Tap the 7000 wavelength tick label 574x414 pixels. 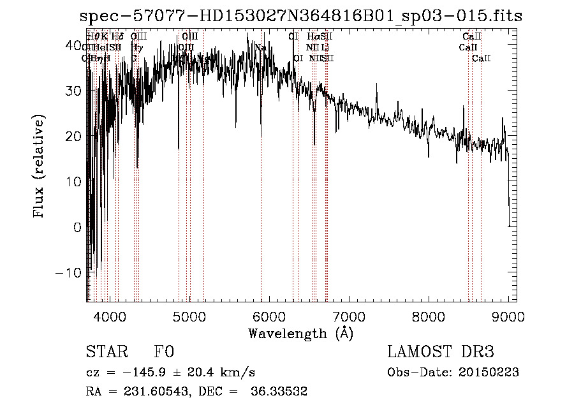tap(349, 316)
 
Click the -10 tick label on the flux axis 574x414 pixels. tap(70, 272)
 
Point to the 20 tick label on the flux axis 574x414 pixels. tap(73, 137)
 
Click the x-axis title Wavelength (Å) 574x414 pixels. tap(300, 333)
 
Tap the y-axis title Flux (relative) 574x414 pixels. tap(40, 167)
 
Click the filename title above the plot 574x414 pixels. tap(300, 15)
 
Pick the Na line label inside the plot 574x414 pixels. tap(260, 47)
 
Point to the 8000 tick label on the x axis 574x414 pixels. tap(429, 316)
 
